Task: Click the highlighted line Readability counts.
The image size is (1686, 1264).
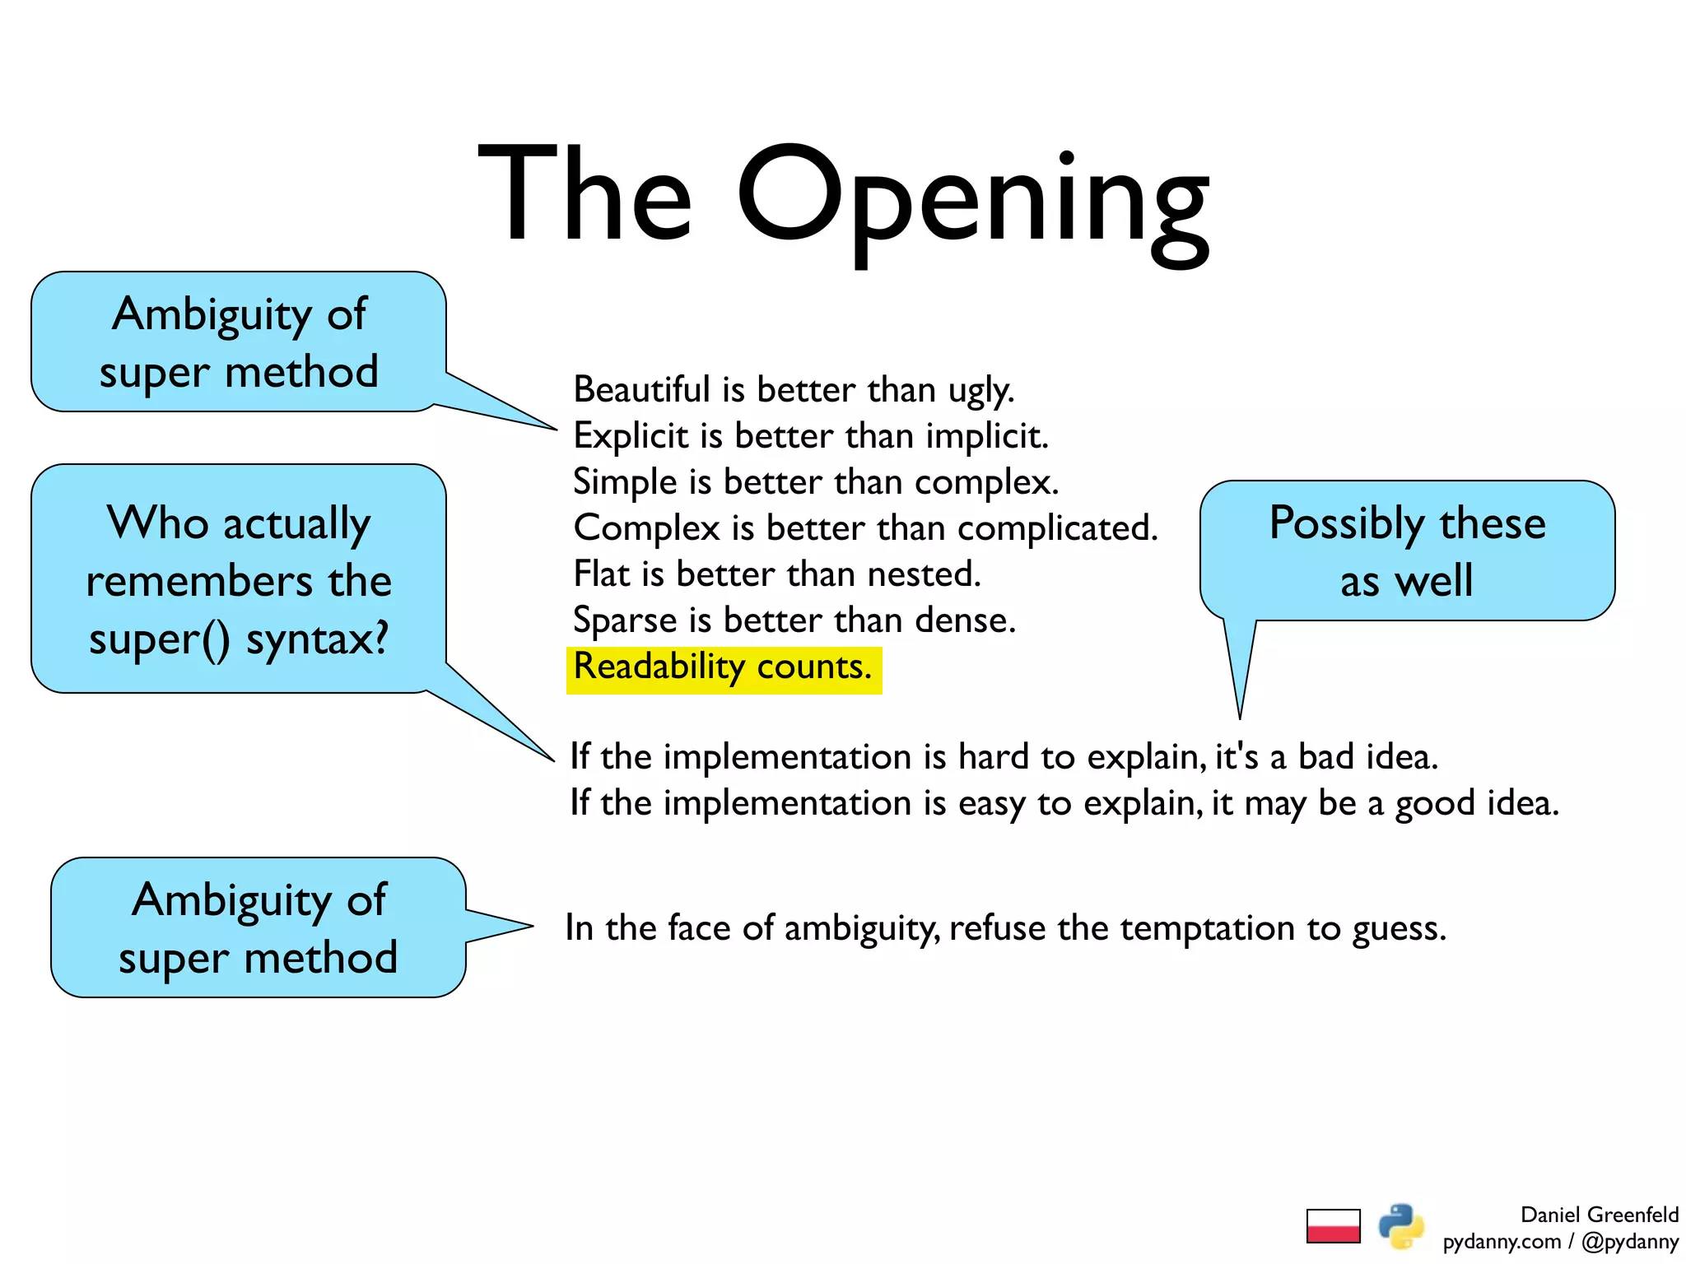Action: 723,667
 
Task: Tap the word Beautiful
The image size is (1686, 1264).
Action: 641,389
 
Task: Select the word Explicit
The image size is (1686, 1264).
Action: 631,435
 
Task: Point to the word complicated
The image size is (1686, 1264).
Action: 1057,527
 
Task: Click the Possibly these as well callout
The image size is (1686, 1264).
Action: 1407,551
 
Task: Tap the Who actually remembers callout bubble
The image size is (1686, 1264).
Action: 239,579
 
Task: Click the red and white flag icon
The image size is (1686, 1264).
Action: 1333,1225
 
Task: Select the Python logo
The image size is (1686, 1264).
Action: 1401,1226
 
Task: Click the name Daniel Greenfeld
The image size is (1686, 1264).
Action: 1599,1215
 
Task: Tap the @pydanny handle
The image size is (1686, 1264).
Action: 1629,1241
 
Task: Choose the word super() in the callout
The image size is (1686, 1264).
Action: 160,639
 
